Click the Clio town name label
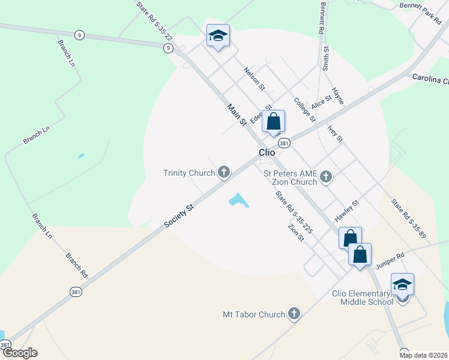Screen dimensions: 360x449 coord(267,152)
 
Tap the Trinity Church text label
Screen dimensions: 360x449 coord(189,173)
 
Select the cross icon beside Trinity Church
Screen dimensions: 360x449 coord(224,173)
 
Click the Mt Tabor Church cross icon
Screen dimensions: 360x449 coord(294,314)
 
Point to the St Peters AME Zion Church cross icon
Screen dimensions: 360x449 coord(326,177)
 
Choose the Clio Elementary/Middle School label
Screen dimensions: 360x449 coord(363,298)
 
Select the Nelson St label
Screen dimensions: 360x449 coord(254,79)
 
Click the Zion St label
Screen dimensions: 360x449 coord(297,233)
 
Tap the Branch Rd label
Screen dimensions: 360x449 coord(77,265)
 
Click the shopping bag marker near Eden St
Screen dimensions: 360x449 coord(273,122)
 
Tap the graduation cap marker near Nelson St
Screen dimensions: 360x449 coord(218,37)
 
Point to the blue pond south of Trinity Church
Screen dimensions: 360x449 coord(238,200)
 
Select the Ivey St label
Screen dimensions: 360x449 coord(334,134)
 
